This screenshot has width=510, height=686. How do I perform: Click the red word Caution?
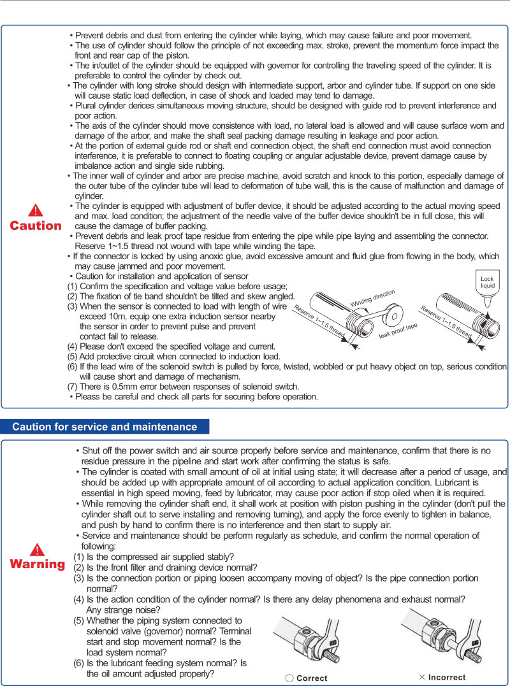36,226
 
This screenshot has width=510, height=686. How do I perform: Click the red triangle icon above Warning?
38,550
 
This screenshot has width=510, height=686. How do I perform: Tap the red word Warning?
38,565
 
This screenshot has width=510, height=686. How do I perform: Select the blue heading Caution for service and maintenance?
105,427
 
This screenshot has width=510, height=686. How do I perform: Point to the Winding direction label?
373,297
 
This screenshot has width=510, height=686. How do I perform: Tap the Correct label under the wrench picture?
307,678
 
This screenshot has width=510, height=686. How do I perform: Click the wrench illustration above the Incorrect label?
440,638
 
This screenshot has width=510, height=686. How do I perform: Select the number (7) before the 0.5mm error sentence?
73,386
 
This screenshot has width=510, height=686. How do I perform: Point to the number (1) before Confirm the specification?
73,286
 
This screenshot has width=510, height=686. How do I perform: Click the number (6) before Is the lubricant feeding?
79,664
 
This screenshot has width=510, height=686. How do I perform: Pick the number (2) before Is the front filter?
79,568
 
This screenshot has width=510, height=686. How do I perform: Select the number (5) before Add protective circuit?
73,356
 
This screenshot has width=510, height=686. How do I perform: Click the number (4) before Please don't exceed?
73,346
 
